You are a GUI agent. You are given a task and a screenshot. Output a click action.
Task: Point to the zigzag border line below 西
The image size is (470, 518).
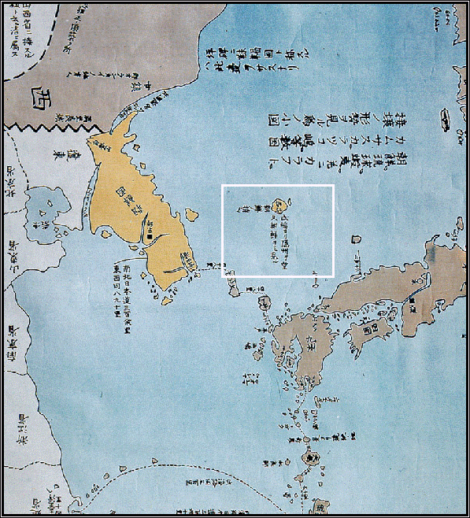pos(47,126)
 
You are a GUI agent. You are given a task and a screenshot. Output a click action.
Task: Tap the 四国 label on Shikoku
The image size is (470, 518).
pos(365,330)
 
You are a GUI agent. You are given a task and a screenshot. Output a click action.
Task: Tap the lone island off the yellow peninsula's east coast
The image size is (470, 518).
pos(190,213)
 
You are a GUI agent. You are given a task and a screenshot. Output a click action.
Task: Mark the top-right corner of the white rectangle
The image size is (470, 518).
pos(335,186)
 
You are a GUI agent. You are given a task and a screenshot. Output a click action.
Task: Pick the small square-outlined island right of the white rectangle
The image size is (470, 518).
pos(357,239)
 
